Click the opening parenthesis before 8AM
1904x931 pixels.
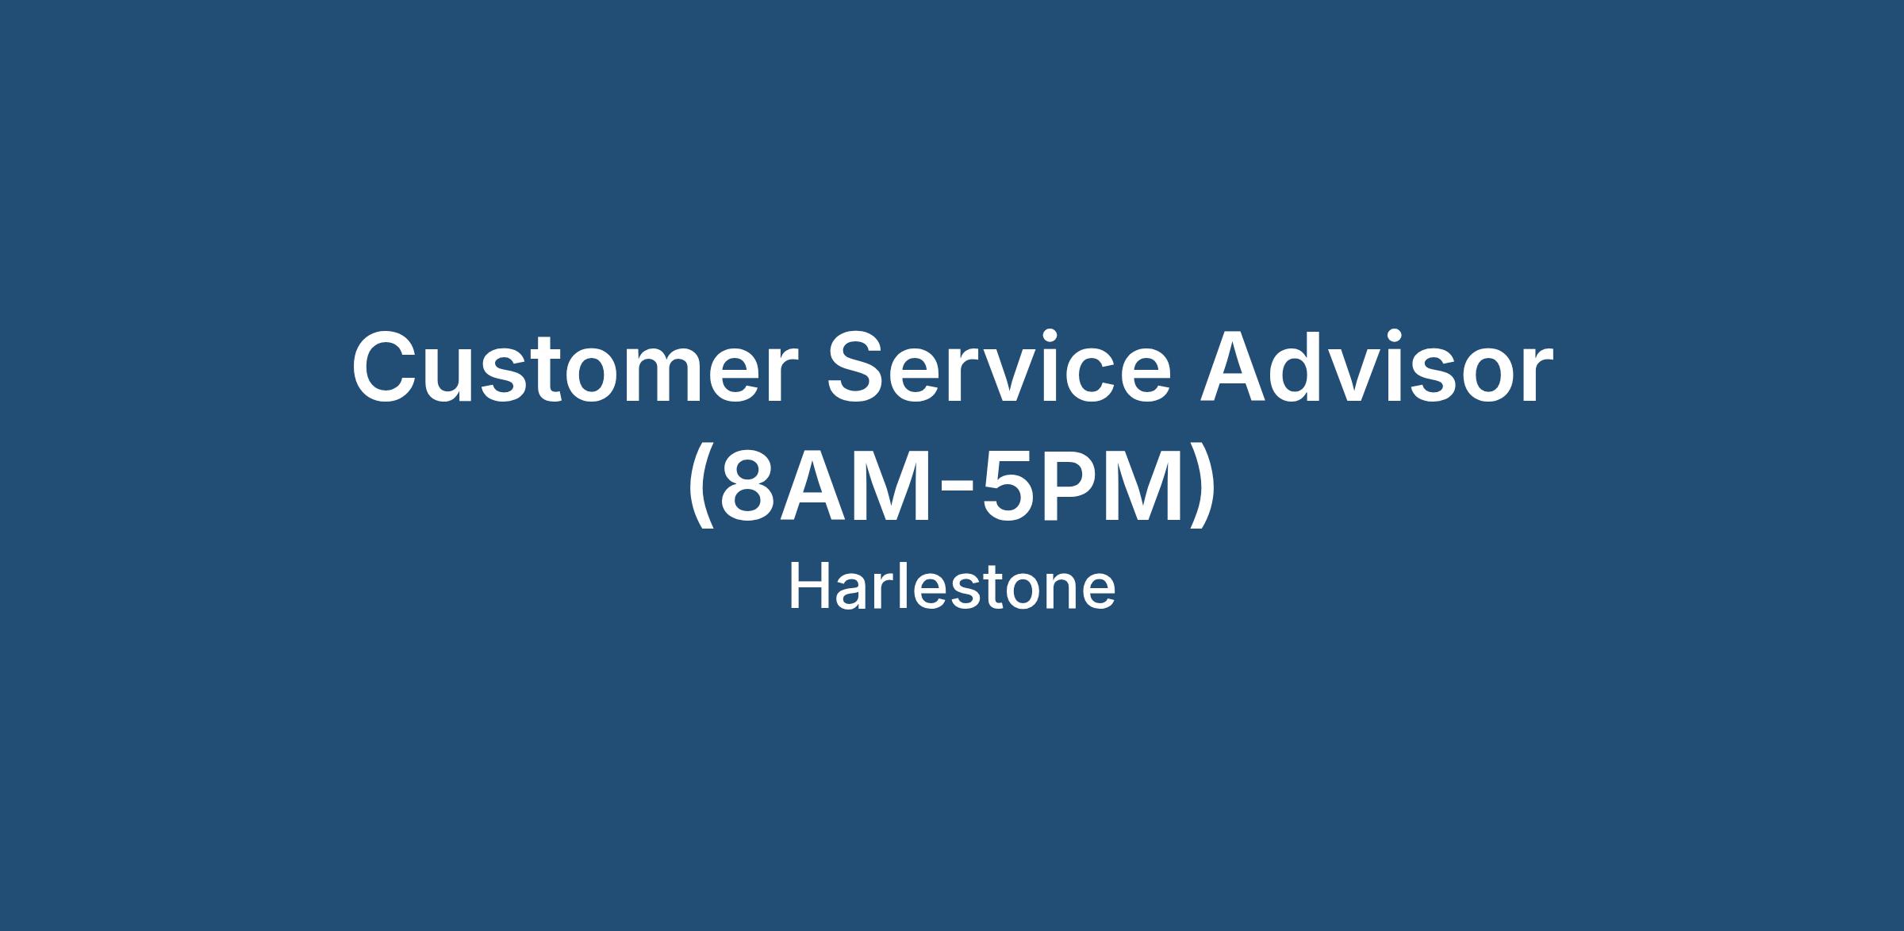[701, 489]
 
